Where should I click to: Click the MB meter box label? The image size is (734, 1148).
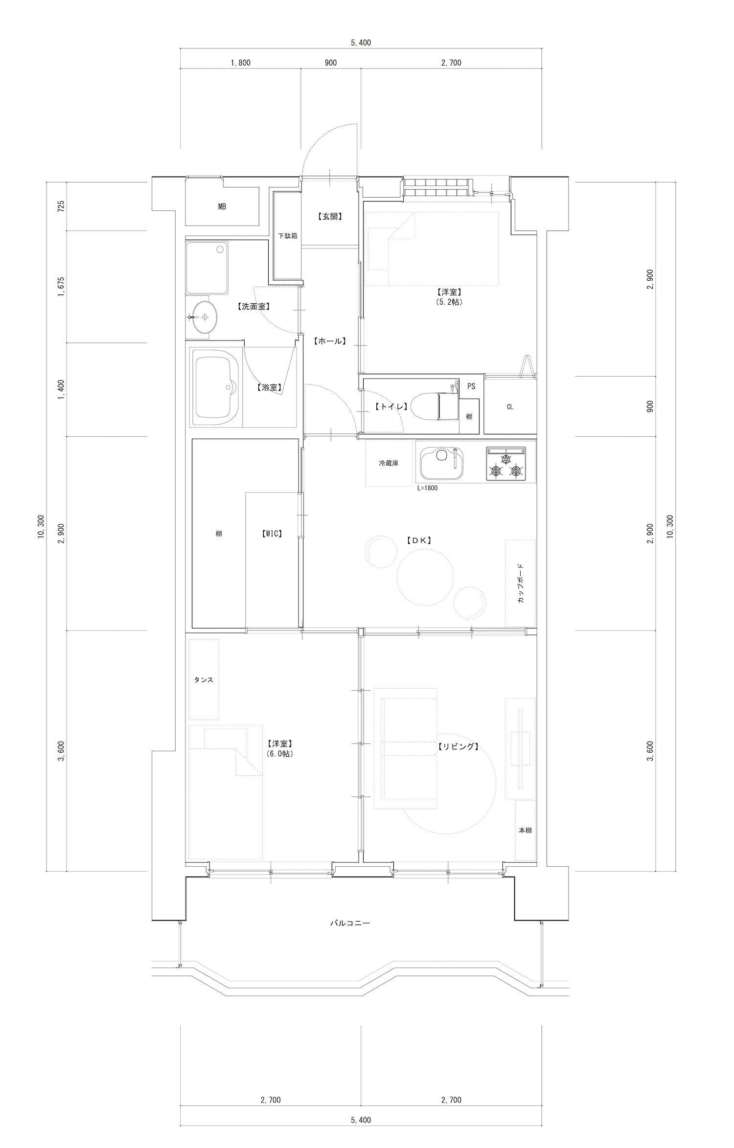[x=222, y=207]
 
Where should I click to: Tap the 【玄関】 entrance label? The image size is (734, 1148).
[x=329, y=216]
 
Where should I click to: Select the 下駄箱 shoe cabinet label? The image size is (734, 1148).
[x=288, y=236]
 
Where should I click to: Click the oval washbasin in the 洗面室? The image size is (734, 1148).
[x=203, y=317]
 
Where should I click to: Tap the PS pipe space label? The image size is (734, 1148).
[x=471, y=386]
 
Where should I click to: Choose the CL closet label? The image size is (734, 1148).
[x=510, y=407]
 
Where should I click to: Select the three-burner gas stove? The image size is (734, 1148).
[x=506, y=463]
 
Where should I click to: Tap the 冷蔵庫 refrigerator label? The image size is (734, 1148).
[x=389, y=463]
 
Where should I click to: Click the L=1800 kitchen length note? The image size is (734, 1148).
[x=427, y=488]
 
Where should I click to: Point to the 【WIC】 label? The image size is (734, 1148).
[x=271, y=534]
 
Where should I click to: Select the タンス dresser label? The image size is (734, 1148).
[x=204, y=680]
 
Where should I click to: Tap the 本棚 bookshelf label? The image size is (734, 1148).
[x=525, y=830]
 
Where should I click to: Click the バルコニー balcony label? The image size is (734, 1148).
[x=349, y=923]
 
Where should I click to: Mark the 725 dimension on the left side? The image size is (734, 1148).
[x=61, y=206]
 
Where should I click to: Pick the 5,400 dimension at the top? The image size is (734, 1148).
[x=361, y=43]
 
